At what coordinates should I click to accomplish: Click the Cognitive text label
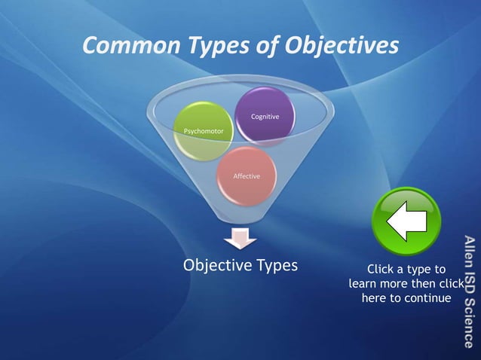point(265,117)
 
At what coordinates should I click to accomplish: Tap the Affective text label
point(247,176)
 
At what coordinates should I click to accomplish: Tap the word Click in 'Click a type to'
point(381,269)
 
